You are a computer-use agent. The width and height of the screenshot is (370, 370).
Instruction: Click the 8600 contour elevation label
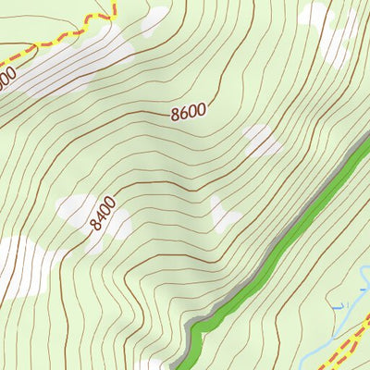[x=188, y=112]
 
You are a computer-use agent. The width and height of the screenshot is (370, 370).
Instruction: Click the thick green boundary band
[x=277, y=245]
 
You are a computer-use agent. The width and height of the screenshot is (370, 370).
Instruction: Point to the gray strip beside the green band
[x=268, y=243]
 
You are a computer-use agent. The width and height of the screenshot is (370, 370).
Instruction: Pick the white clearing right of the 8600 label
[x=262, y=141]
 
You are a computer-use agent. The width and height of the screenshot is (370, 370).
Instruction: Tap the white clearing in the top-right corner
[x=328, y=32]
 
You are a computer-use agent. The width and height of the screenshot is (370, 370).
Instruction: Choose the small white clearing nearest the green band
[x=224, y=215]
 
